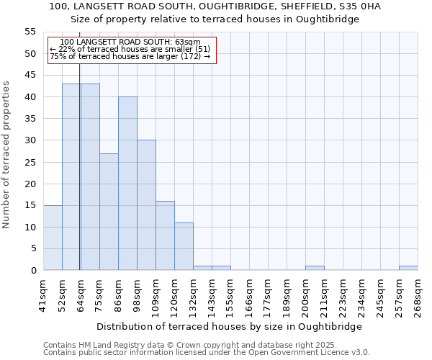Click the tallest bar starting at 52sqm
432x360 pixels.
[x=71, y=176]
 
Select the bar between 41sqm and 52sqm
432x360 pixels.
[x=53, y=238]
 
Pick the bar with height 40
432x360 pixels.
[x=127, y=184]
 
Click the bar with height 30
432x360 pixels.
[x=146, y=205]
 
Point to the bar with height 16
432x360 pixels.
[x=165, y=235]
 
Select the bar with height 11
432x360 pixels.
[x=184, y=246]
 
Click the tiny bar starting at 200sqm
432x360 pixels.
[x=315, y=268]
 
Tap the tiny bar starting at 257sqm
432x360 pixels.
[x=408, y=268]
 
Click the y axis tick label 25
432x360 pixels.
[x=30, y=162]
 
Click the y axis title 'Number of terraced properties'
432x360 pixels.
[x=6, y=154]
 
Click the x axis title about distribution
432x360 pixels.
[x=229, y=326]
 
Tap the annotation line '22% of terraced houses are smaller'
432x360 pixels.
[x=130, y=49]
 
